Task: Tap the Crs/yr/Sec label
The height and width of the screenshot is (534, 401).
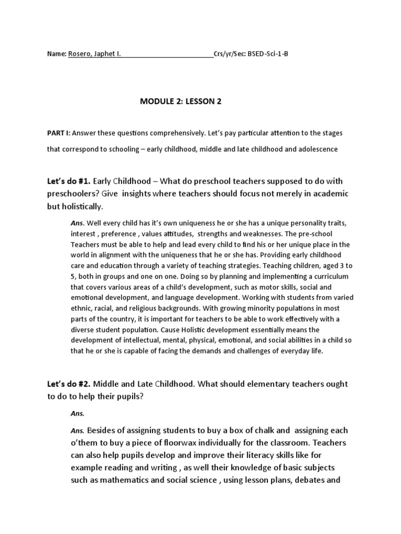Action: coord(230,54)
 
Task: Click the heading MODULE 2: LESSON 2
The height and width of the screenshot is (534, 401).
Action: coord(181,102)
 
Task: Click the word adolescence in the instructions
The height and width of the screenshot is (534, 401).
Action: coord(318,149)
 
